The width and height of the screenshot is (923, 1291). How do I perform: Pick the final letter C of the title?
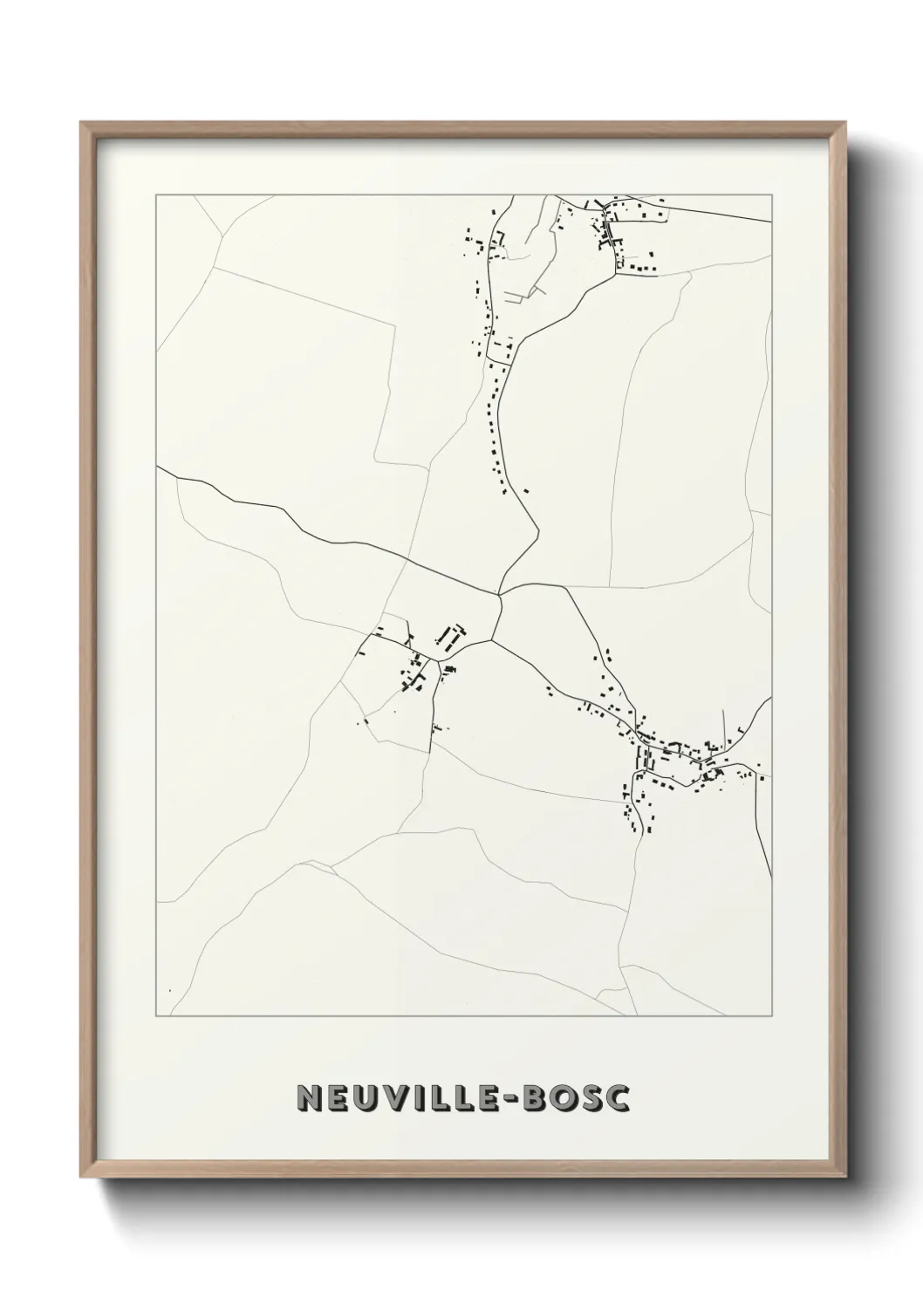click(618, 1099)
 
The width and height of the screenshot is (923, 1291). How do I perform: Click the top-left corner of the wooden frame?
click(81, 123)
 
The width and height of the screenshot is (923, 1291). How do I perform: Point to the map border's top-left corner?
click(156, 195)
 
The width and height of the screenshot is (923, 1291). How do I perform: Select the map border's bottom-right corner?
click(771, 1016)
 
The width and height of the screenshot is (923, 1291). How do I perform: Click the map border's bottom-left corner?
click(156, 1016)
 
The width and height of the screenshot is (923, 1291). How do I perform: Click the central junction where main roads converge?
click(501, 596)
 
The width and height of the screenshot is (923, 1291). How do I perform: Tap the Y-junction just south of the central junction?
click(491, 639)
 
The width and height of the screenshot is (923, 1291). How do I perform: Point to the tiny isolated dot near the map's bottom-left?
click(169, 990)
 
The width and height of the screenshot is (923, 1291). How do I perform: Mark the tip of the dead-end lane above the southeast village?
click(724, 711)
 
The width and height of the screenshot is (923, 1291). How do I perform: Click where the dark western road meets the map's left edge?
click(157, 467)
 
